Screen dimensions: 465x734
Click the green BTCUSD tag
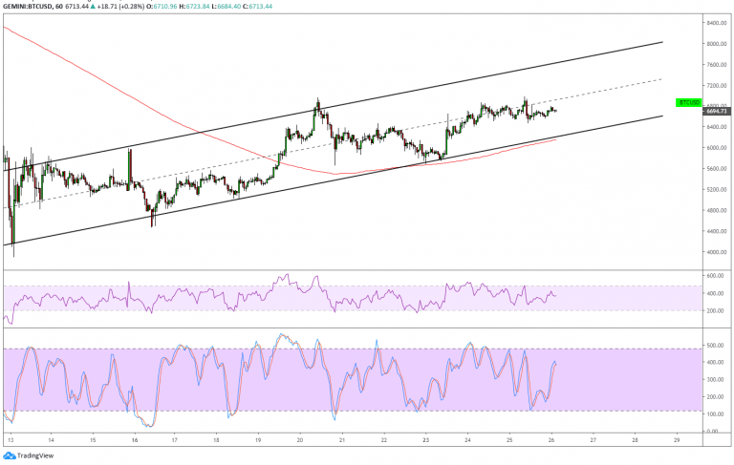pyautogui.click(x=689, y=102)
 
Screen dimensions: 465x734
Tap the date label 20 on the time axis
pyautogui.click(x=300, y=440)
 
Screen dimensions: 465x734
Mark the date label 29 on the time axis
pyautogui.click(x=676, y=440)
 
